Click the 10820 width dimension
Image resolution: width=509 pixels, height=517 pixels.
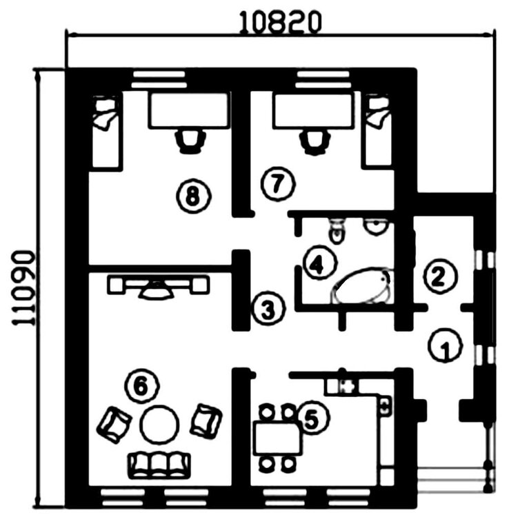coord(280,21)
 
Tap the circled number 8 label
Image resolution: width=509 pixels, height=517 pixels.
coord(192,196)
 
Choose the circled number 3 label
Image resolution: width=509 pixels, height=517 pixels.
coord(267,308)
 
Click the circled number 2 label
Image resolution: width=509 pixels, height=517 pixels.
coord(439,276)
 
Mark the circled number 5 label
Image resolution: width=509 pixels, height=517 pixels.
coord(313,418)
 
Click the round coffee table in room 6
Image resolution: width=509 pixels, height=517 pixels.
coord(160,424)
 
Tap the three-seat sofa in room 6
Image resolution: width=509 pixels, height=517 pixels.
coord(159,465)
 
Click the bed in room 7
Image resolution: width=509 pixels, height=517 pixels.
coord(377,131)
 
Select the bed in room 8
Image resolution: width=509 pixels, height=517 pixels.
coord(106,131)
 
